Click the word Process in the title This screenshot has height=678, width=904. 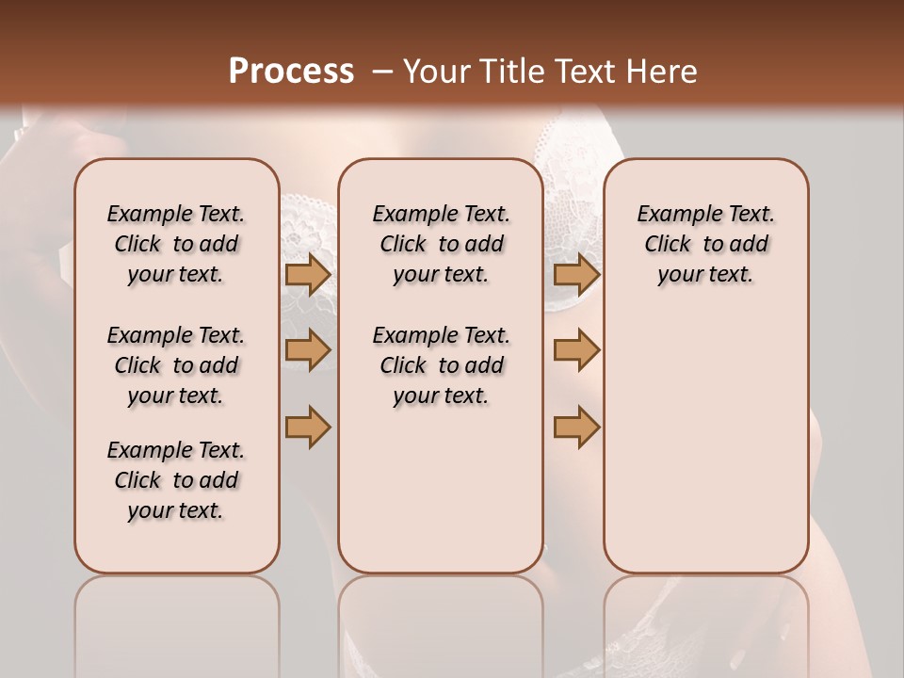tap(291, 71)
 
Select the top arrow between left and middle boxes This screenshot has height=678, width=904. tap(308, 274)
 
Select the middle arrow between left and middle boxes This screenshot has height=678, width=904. tap(308, 350)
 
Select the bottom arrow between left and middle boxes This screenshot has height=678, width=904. tap(308, 427)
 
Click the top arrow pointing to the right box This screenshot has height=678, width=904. tap(576, 274)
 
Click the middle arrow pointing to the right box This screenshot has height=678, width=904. tap(576, 350)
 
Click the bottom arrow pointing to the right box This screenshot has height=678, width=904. tap(576, 427)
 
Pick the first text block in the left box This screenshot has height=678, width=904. tap(176, 244)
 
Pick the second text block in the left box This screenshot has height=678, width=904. tap(176, 365)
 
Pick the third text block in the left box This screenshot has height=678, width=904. tap(176, 480)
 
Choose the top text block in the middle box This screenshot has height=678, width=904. tap(441, 244)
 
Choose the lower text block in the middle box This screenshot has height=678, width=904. tap(441, 365)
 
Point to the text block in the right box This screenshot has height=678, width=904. tap(705, 244)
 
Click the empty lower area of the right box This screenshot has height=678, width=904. tap(705, 443)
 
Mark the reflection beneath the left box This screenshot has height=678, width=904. tap(177, 621)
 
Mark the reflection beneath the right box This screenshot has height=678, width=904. tap(705, 621)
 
